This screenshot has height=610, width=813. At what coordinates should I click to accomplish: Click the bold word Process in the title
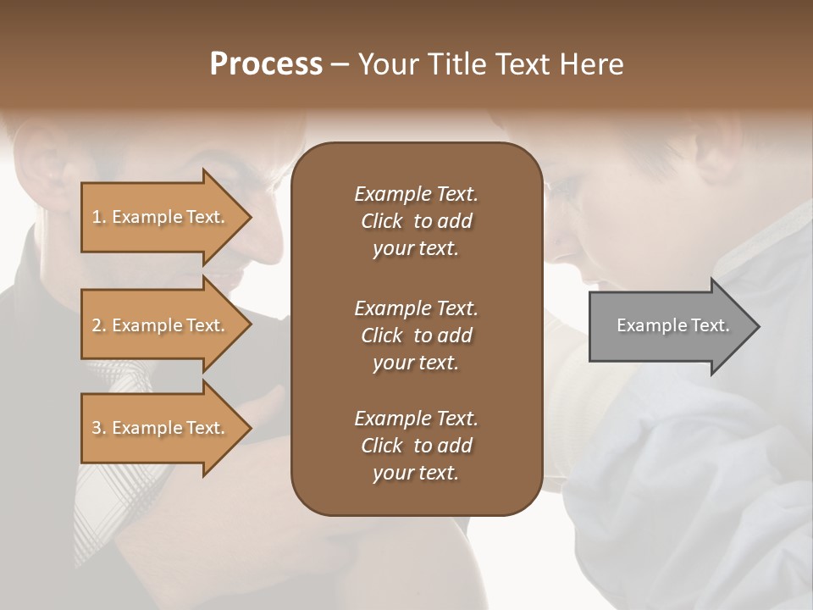266,64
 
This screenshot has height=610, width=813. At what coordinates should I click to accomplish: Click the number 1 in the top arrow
96,217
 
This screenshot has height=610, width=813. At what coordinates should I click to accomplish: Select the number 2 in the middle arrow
96,325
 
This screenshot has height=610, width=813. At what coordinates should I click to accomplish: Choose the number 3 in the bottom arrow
96,428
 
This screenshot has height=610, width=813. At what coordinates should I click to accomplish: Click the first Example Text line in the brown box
416,194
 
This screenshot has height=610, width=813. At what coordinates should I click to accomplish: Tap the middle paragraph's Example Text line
416,308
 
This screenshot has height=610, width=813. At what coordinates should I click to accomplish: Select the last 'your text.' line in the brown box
416,473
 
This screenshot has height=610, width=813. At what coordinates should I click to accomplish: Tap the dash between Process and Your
340,64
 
